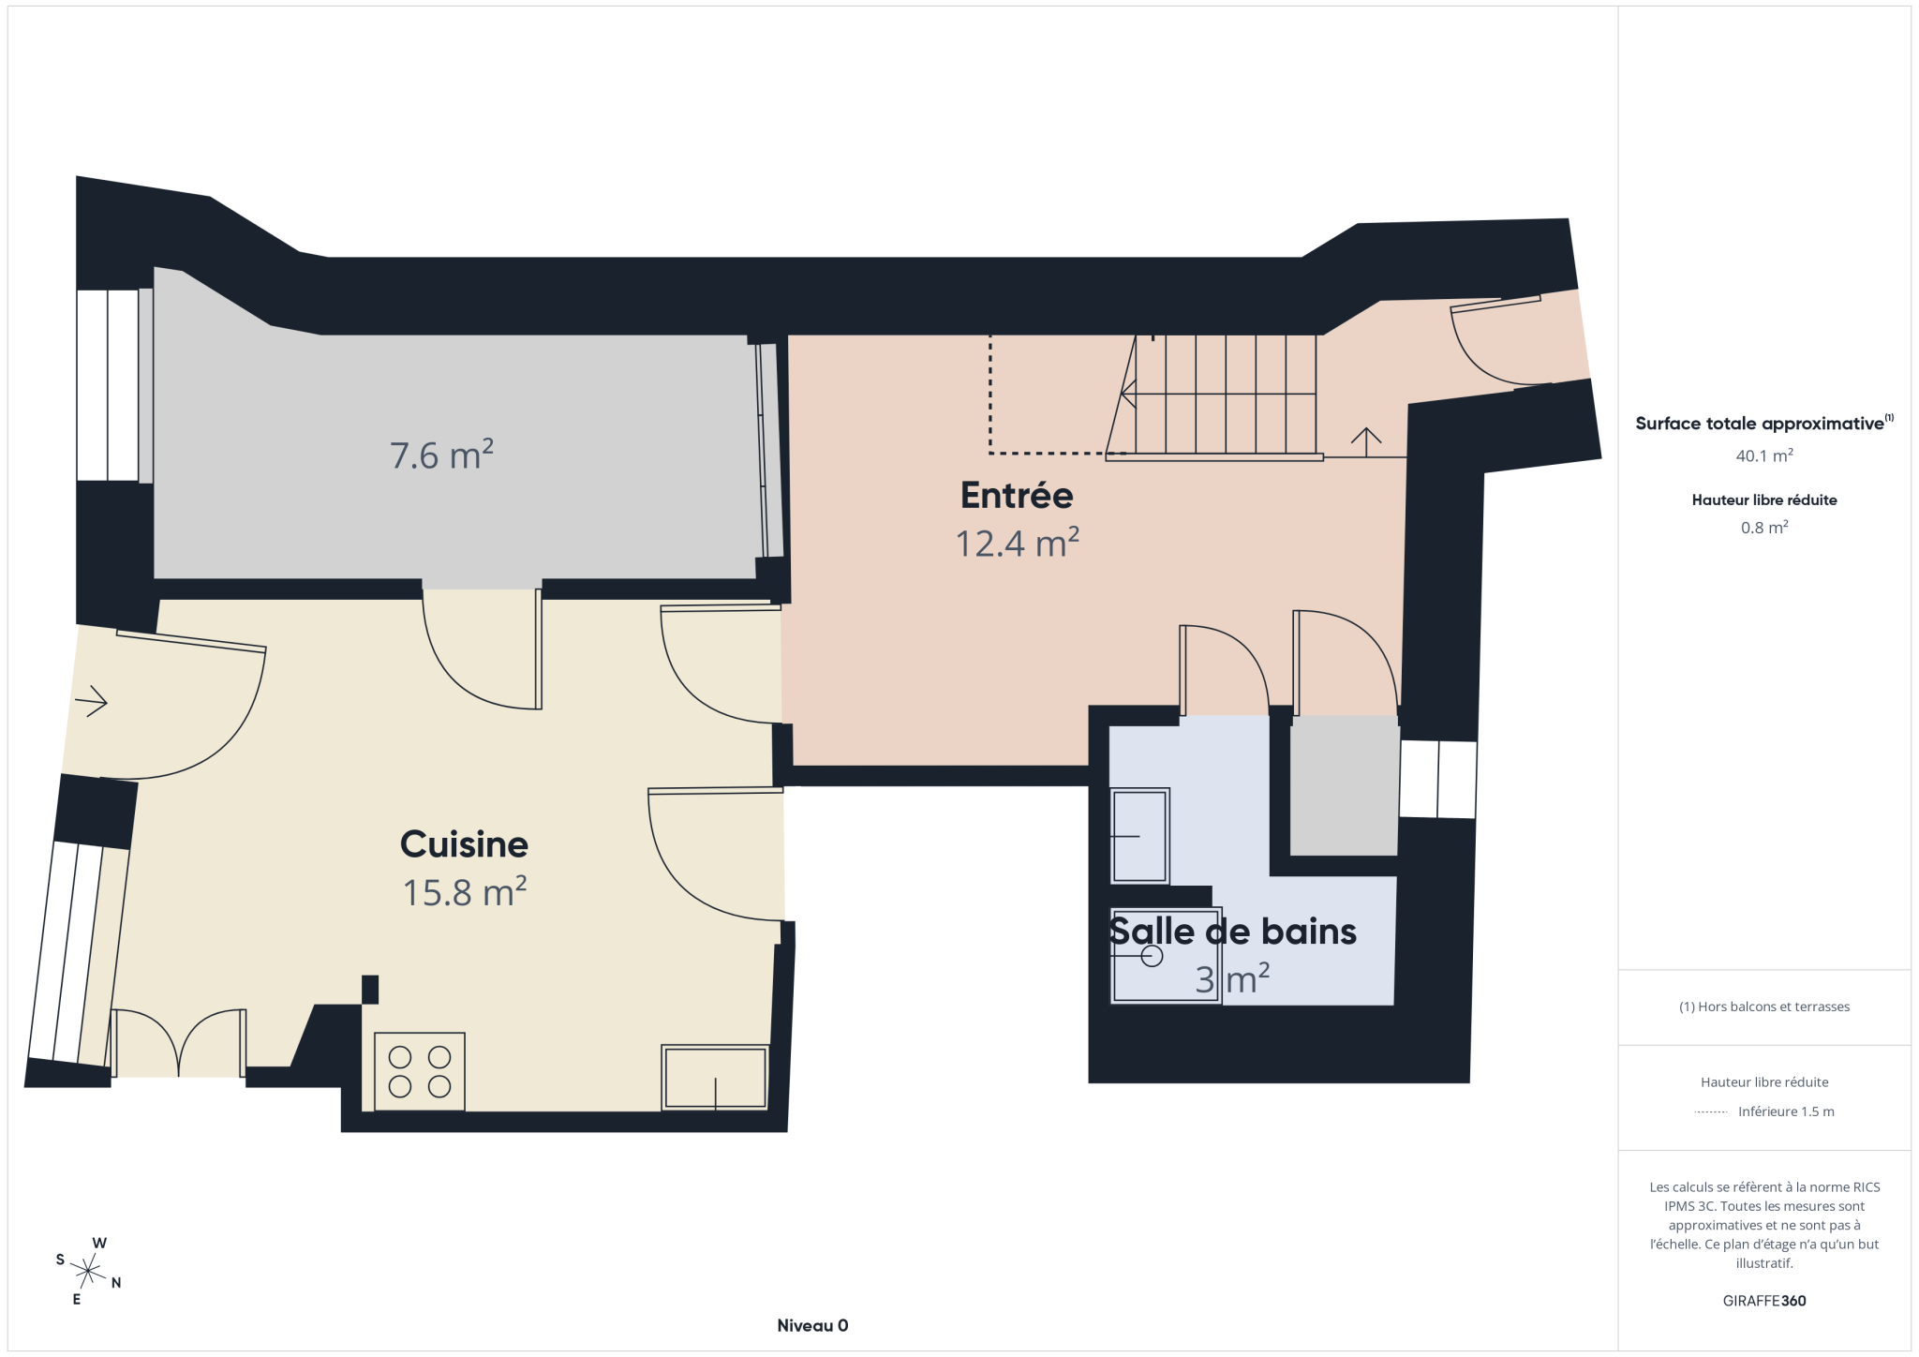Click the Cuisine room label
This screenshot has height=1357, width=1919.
click(464, 844)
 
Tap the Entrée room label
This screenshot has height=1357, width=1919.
click(1017, 494)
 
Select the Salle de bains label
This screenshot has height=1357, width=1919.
click(1232, 932)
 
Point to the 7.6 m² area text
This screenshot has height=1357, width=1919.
click(441, 455)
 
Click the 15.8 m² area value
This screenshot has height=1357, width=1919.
click(464, 892)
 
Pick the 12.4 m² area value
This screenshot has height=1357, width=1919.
click(1017, 543)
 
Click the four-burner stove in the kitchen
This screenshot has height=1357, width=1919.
click(420, 1071)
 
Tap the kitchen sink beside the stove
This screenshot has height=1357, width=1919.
click(715, 1078)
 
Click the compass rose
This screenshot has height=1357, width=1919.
click(88, 1272)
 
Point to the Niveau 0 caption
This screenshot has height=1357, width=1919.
click(812, 1325)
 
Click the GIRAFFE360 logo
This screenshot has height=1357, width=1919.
click(1764, 1301)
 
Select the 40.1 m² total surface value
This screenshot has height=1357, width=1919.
click(1764, 455)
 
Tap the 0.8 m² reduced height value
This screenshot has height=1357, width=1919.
click(1764, 528)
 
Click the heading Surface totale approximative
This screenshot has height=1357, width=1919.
click(1760, 424)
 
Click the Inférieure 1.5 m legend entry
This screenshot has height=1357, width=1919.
click(1786, 1111)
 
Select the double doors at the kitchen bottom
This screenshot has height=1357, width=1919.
click(178, 1043)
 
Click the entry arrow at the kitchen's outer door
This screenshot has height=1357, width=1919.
click(91, 701)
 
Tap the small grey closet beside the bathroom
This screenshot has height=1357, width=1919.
click(1344, 785)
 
